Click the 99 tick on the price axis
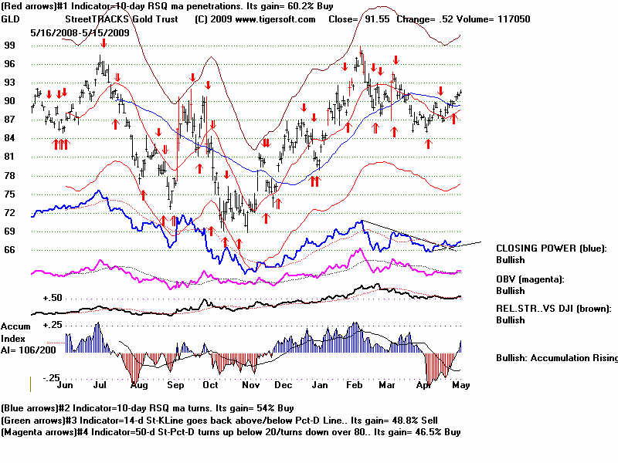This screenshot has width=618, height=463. pyautogui.click(x=9, y=46)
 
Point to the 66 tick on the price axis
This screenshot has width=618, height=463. pyautogui.click(x=9, y=250)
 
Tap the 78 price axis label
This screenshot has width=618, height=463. pyautogui.click(x=9, y=176)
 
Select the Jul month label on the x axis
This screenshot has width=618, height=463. pyautogui.click(x=100, y=384)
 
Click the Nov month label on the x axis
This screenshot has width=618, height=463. pyautogui.click(x=249, y=384)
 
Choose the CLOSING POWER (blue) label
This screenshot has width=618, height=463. pyautogui.click(x=551, y=248)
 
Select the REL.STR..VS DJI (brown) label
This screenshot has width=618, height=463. pyautogui.click(x=554, y=308)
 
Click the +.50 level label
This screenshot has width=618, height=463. pyautogui.click(x=53, y=298)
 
